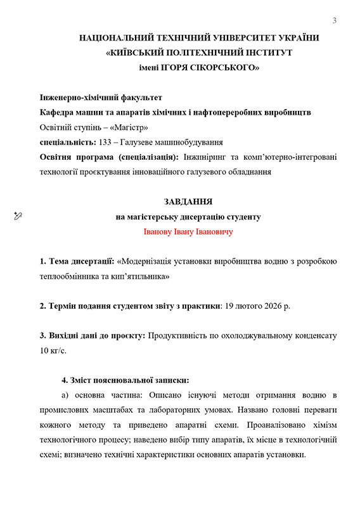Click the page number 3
(x=335, y=21)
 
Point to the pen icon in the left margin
(x=18, y=217)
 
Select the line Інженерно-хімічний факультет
(x=101, y=98)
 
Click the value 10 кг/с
(x=54, y=350)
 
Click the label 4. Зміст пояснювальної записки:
(x=125, y=380)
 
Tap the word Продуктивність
(x=181, y=335)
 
